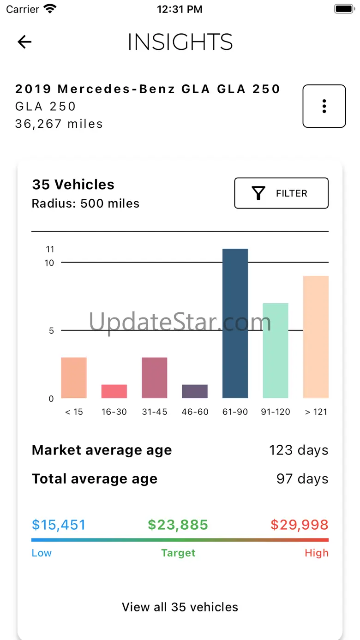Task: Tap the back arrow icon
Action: pyautogui.click(x=24, y=42)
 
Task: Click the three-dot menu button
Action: pyautogui.click(x=324, y=106)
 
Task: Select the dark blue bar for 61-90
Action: pyautogui.click(x=235, y=323)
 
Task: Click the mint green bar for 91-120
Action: pyautogui.click(x=275, y=351)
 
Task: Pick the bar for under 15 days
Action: pyautogui.click(x=74, y=378)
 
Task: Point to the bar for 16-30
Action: pyautogui.click(x=114, y=391)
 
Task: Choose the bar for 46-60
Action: pyautogui.click(x=195, y=391)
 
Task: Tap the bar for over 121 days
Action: pyautogui.click(x=316, y=337)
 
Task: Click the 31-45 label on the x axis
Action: pyautogui.click(x=155, y=412)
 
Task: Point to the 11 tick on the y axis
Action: pyautogui.click(x=50, y=249)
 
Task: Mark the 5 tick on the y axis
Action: pyautogui.click(x=51, y=330)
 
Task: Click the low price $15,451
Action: pyautogui.click(x=59, y=525)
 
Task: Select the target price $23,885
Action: pyautogui.click(x=178, y=525)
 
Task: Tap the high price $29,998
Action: pyautogui.click(x=300, y=525)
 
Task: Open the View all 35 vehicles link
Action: pyautogui.click(x=180, y=607)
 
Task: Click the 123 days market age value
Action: pyautogui.click(x=299, y=450)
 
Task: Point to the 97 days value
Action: pyautogui.click(x=302, y=479)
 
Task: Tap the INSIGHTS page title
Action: pyautogui.click(x=180, y=42)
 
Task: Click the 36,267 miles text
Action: pyautogui.click(x=59, y=124)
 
